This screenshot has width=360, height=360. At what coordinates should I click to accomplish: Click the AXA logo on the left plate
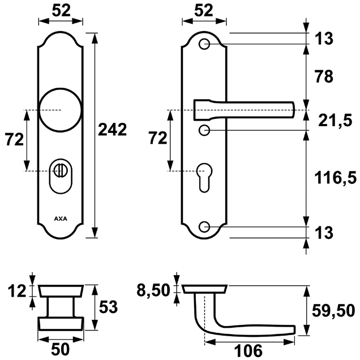59,217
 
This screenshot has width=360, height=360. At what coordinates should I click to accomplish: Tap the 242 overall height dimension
112,129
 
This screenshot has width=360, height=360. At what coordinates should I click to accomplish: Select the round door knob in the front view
60,108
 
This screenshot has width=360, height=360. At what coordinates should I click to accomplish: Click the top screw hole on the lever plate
205,44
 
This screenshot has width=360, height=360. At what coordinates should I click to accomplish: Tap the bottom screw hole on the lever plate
205,228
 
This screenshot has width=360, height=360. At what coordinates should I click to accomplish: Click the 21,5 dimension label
335,120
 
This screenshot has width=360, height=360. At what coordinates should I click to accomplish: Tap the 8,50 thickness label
153,290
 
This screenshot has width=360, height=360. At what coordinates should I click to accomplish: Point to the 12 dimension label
18,292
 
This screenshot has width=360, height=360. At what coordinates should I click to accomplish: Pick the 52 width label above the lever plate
205,10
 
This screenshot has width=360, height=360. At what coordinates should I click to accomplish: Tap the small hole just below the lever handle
204,131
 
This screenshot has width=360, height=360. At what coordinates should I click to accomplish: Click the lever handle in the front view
243,108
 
